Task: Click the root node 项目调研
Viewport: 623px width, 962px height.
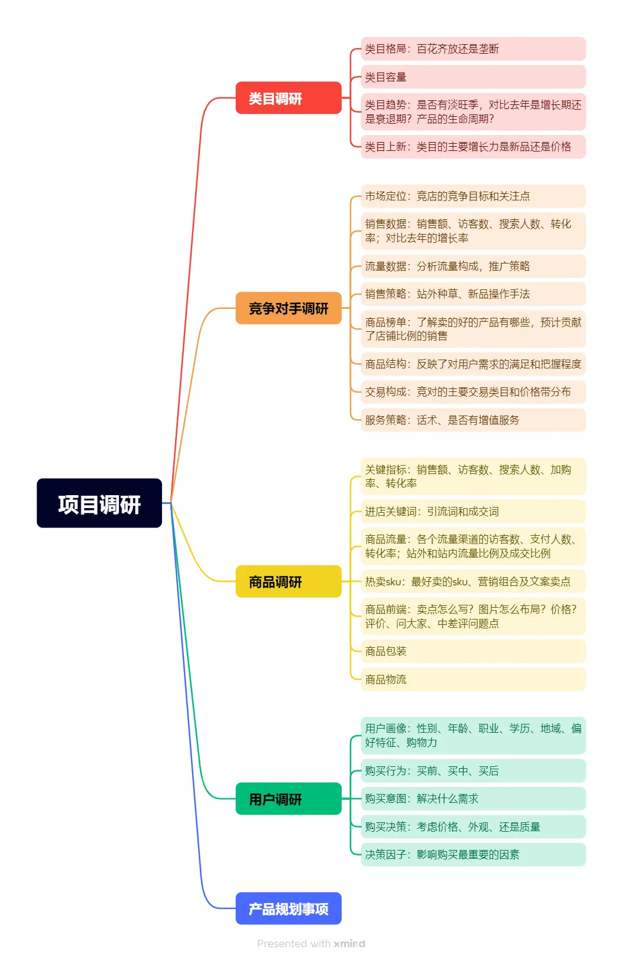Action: pyautogui.click(x=99, y=503)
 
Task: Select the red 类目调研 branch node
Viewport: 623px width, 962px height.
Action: pyautogui.click(x=288, y=98)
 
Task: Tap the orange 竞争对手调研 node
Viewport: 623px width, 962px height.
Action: pyautogui.click(x=288, y=308)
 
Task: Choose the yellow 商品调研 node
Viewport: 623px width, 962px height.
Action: pyautogui.click(x=288, y=581)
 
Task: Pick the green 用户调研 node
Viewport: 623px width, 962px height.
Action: pyautogui.click(x=288, y=799)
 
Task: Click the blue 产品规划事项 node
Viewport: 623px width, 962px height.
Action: pyautogui.click(x=288, y=908)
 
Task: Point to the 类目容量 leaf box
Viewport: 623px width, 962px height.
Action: pyautogui.click(x=473, y=77)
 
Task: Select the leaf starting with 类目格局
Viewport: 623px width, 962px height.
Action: pyautogui.click(x=473, y=49)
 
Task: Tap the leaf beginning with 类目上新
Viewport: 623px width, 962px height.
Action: pyautogui.click(x=473, y=147)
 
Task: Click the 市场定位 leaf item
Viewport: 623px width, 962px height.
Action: pyautogui.click(x=473, y=196)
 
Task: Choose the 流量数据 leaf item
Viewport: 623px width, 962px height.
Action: pyautogui.click(x=473, y=266)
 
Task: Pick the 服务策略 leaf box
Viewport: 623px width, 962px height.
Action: pyautogui.click(x=473, y=420)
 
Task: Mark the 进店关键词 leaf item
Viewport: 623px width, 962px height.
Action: pyautogui.click(x=473, y=511)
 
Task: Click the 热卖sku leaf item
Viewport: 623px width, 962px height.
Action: pyautogui.click(x=473, y=581)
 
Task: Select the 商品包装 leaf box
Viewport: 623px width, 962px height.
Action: pyautogui.click(x=473, y=651)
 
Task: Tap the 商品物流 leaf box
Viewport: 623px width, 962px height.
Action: pyautogui.click(x=473, y=679)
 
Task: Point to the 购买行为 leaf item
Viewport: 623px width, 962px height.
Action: pyautogui.click(x=473, y=770)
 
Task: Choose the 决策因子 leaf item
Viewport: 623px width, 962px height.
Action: pyautogui.click(x=473, y=854)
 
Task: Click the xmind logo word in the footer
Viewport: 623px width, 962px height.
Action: pyautogui.click(x=350, y=943)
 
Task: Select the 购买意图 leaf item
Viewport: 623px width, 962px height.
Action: pyautogui.click(x=473, y=799)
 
